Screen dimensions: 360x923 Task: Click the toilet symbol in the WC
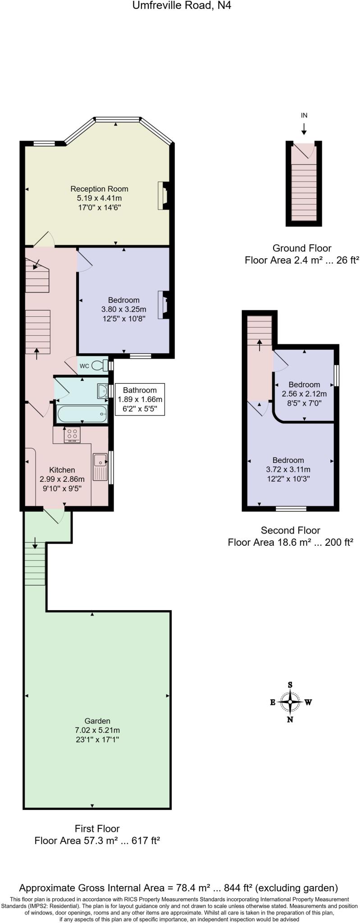[100, 366]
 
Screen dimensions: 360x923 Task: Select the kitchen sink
[100, 466]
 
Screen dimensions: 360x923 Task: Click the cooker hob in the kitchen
[72, 435]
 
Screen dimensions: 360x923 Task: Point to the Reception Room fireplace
[163, 196]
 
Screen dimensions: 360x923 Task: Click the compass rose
[290, 702]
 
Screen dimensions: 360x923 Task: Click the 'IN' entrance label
[304, 115]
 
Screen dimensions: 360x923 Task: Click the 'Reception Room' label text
[100, 189]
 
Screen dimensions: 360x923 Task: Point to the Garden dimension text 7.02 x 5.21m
[97, 730]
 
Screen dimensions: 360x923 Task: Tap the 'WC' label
[84, 366]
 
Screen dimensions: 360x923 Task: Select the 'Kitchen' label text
[62, 470]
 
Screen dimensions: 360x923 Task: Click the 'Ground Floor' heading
[302, 248]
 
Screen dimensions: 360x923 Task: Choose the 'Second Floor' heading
[291, 530]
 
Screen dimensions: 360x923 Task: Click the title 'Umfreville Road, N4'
[182, 6]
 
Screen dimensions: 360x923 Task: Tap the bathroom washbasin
[102, 391]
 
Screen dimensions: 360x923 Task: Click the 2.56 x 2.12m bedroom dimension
[304, 393]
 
